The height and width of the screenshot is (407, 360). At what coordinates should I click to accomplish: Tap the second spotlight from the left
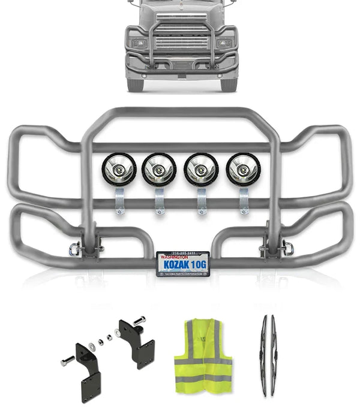[158, 170]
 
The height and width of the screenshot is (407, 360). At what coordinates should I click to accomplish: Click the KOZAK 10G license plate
[182, 263]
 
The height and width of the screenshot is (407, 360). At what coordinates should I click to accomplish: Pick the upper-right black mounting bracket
[137, 336]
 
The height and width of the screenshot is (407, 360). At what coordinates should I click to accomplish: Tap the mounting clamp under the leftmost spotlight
[119, 200]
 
